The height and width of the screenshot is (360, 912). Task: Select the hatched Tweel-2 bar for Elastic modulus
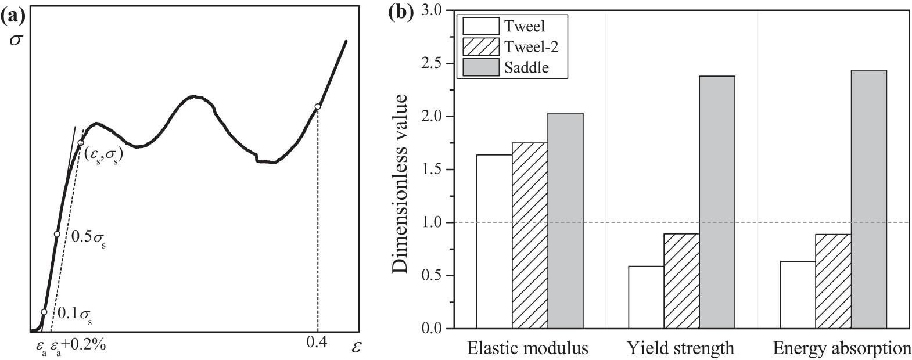coord(529,236)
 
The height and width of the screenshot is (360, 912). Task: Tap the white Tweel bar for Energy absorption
coord(797,295)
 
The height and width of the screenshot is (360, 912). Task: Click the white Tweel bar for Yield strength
coord(645,297)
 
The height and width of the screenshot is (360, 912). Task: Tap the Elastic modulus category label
coord(527,348)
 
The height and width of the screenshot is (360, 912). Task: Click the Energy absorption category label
coord(841,348)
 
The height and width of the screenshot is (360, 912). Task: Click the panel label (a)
coord(13,17)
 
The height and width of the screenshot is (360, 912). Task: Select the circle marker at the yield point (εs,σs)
coord(81,143)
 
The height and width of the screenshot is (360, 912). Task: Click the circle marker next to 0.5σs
coord(56,234)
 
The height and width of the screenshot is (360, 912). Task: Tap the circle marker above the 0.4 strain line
coord(317,107)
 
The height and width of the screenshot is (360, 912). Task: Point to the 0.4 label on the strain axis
coord(317,342)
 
